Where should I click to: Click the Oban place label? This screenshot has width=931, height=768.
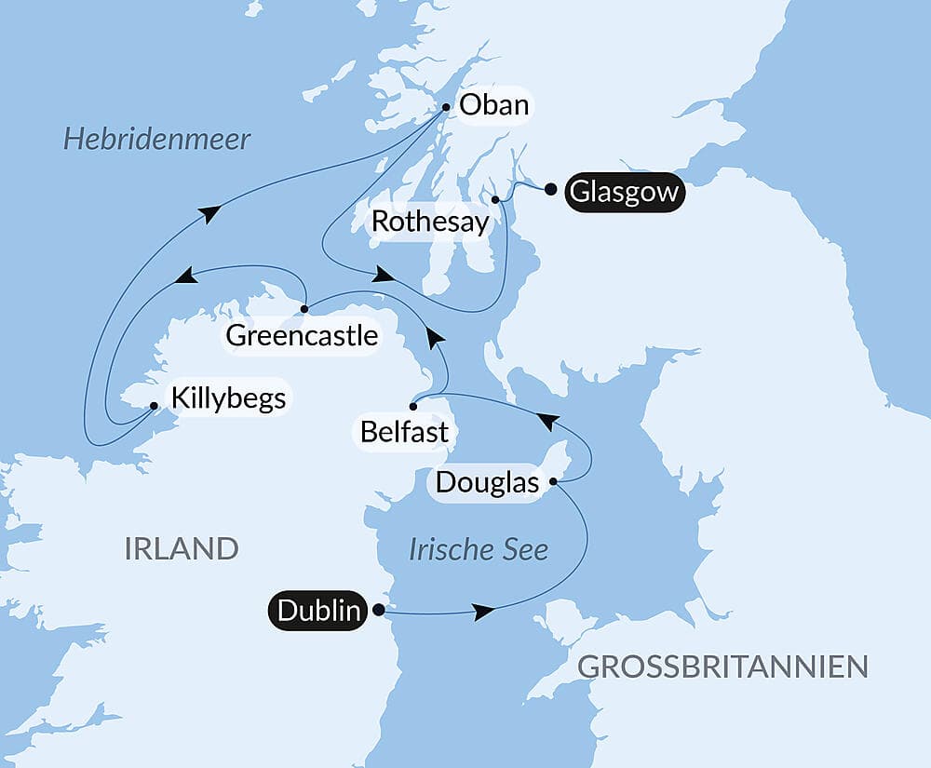point(493,105)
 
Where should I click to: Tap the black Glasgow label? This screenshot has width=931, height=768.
point(624,193)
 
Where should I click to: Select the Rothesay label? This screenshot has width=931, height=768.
point(429,222)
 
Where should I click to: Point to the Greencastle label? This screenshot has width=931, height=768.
point(302,335)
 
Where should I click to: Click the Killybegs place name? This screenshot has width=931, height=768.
point(227,398)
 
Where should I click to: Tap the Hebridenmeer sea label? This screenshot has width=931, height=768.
point(156,140)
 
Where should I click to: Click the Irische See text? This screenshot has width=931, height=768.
point(479,549)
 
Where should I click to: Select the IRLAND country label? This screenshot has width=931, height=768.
point(181,548)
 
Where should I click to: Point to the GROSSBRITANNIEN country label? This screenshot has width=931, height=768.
point(722,667)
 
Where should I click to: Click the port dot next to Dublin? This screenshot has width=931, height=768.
point(378,611)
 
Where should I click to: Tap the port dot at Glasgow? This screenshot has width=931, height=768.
point(550,189)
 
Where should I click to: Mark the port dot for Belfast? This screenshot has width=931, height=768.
point(413,407)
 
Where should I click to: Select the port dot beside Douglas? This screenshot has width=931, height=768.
point(553,481)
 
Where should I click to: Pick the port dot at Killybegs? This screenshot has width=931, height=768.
point(154,406)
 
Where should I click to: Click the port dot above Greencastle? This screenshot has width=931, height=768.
point(304,307)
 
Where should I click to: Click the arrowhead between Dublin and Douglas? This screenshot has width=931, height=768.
point(482,612)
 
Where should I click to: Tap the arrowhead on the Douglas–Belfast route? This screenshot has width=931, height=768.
point(548,422)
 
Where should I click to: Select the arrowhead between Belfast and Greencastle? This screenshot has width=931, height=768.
point(434,338)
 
